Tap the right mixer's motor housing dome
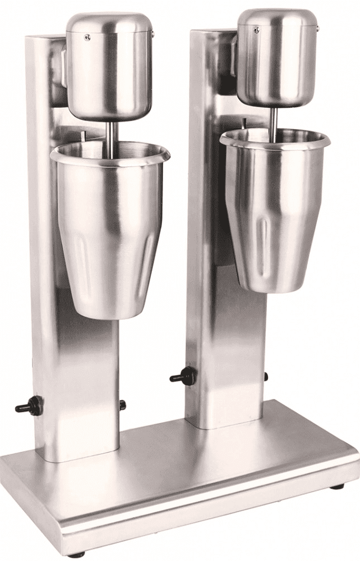(x=276, y=56)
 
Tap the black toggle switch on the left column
(x=30, y=406)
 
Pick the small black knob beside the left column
(x=122, y=404)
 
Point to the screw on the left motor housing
(x=87, y=38)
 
